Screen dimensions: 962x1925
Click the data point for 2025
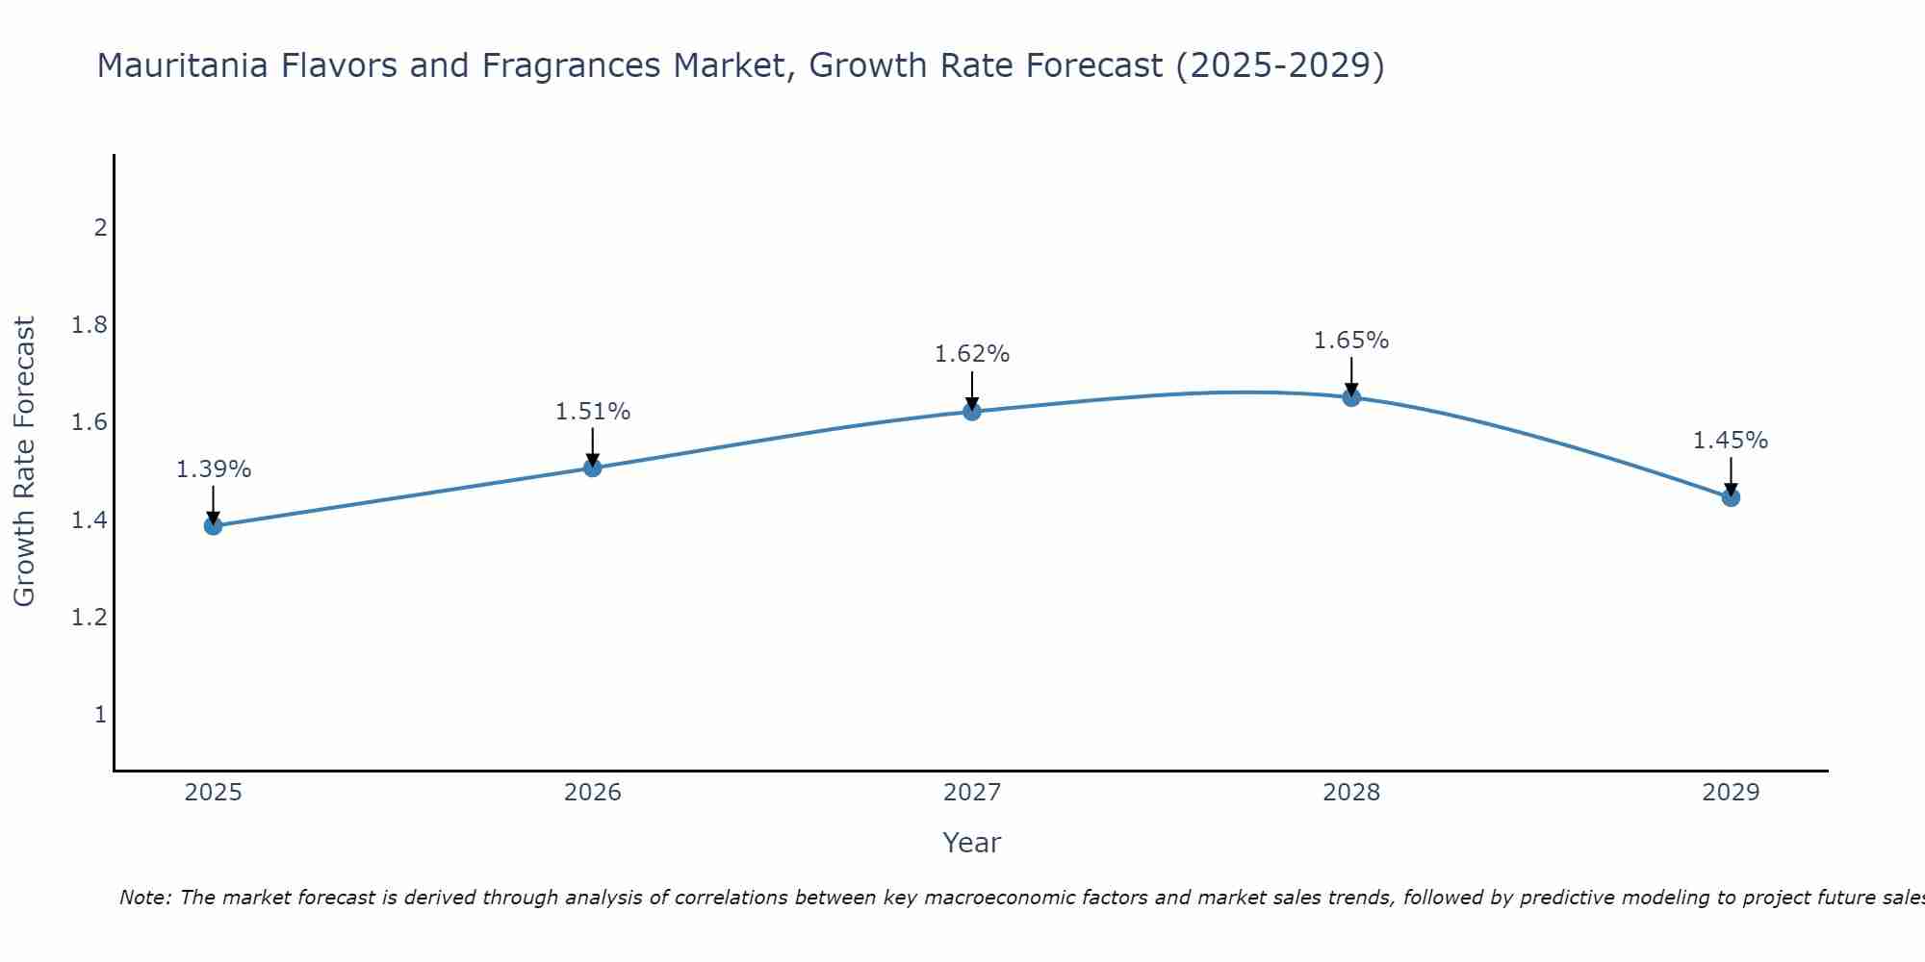[214, 525]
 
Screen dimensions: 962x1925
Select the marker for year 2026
[593, 468]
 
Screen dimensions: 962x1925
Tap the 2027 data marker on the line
[972, 412]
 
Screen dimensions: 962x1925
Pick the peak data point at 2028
[1351, 397]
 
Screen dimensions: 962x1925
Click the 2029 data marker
[1731, 497]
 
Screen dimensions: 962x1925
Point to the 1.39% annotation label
[214, 469]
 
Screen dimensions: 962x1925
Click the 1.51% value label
[593, 412]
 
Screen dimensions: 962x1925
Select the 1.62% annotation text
[972, 354]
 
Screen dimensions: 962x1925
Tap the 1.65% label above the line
[1351, 341]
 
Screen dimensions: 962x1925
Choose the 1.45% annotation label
[1731, 441]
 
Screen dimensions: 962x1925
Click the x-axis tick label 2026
[593, 793]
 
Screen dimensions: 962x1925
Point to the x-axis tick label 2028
[1351, 793]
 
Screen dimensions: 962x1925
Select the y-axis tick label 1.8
[89, 325]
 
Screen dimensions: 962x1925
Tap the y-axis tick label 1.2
[89, 617]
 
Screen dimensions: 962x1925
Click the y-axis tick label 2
[99, 228]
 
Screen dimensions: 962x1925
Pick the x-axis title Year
[972, 843]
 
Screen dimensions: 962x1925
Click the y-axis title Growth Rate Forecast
[24, 462]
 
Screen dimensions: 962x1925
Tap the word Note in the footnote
[142, 898]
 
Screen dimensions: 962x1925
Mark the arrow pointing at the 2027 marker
[972, 390]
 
